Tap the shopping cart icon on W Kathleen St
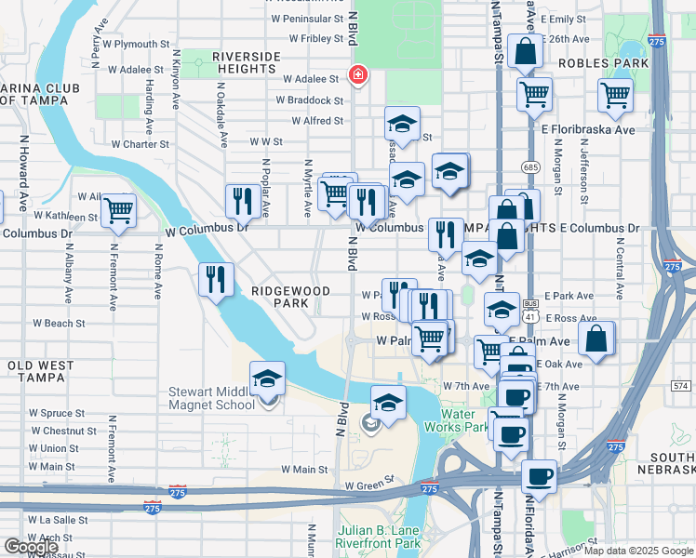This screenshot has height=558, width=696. (118, 210)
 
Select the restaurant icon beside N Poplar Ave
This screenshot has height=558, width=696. (241, 200)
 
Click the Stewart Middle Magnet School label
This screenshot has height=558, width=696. (211, 398)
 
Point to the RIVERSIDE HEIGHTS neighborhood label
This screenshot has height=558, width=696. (246, 63)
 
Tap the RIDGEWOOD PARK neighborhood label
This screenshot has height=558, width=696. (290, 298)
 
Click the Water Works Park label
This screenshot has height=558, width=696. (464, 420)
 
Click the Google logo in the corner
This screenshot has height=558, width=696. (31, 546)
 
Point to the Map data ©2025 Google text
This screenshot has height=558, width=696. (637, 551)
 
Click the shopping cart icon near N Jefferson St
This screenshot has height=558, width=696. (615, 94)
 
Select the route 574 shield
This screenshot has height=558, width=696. (680, 384)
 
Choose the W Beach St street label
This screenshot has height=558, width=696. (59, 324)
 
